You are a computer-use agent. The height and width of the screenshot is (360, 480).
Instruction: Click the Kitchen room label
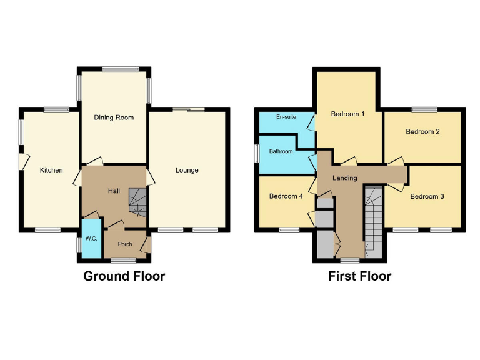(x=51, y=170)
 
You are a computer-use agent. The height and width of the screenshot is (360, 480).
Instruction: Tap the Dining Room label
(x=114, y=117)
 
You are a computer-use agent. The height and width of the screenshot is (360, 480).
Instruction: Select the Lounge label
(x=187, y=170)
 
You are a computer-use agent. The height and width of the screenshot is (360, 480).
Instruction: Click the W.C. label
(x=91, y=237)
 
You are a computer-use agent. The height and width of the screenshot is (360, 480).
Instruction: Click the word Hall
(x=114, y=191)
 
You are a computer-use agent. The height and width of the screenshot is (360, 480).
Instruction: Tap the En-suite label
(x=286, y=117)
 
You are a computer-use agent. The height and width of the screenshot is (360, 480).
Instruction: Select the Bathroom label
(x=281, y=151)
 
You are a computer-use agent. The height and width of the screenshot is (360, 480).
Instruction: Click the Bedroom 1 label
(x=348, y=114)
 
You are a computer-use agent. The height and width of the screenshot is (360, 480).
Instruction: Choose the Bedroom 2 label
(x=423, y=132)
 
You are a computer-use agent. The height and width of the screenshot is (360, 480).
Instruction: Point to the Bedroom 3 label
(x=427, y=196)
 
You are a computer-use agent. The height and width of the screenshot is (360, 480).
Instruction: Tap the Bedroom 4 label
(x=286, y=196)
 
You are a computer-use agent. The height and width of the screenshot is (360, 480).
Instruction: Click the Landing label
(x=344, y=178)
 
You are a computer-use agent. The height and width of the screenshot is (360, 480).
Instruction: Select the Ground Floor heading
(x=124, y=276)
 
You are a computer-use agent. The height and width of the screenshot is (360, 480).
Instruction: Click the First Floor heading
(x=360, y=276)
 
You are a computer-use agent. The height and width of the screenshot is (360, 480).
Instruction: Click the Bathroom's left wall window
(x=257, y=153)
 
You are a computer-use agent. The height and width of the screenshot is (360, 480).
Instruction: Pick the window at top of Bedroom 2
(x=424, y=110)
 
